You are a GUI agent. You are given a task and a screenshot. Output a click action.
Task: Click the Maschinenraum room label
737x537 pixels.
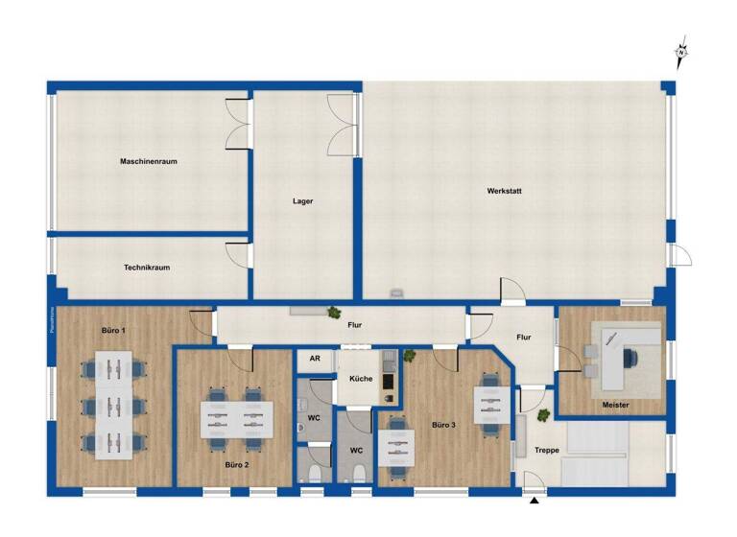pos(149,161)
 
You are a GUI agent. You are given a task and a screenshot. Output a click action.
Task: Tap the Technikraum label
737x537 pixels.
pos(147,268)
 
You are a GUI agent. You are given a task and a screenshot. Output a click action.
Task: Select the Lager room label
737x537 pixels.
pos(303,201)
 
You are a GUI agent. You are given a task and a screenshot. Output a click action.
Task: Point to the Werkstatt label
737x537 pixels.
pos(505,191)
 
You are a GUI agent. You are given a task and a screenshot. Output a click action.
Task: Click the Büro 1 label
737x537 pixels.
pos(113,330)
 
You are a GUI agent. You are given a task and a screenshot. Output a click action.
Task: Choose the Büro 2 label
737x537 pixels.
pos(237,464)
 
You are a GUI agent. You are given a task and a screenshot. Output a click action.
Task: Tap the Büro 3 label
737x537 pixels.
pos(443,424)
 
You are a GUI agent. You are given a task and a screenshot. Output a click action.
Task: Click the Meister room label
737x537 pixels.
pos(616,406)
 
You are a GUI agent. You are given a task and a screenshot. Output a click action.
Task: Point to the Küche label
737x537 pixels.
pos(361,380)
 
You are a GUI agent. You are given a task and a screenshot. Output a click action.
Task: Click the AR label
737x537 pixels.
pos(314,359)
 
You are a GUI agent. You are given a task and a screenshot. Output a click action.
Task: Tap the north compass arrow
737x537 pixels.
pos(682,53)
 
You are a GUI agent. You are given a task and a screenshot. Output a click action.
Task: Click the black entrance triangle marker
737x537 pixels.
pos(535,501)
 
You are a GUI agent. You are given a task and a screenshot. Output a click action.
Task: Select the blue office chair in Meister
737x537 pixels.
pos(631,357)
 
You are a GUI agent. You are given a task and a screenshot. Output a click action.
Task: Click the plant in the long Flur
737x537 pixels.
pos(334,312)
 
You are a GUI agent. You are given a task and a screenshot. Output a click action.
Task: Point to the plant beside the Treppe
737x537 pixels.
pos(543,414)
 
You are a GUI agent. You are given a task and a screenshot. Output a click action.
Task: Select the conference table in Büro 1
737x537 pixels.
pos(112,404)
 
